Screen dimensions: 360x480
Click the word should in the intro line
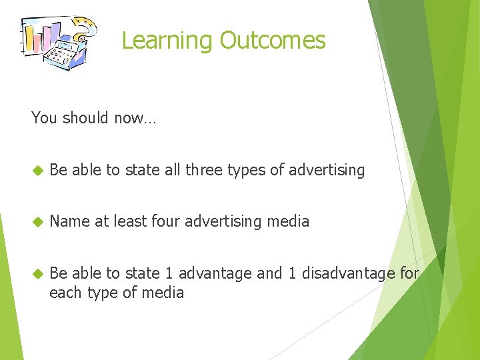click(x=83, y=118)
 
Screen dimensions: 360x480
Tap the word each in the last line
click(x=65, y=292)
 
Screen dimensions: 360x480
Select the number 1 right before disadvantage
click(x=292, y=273)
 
